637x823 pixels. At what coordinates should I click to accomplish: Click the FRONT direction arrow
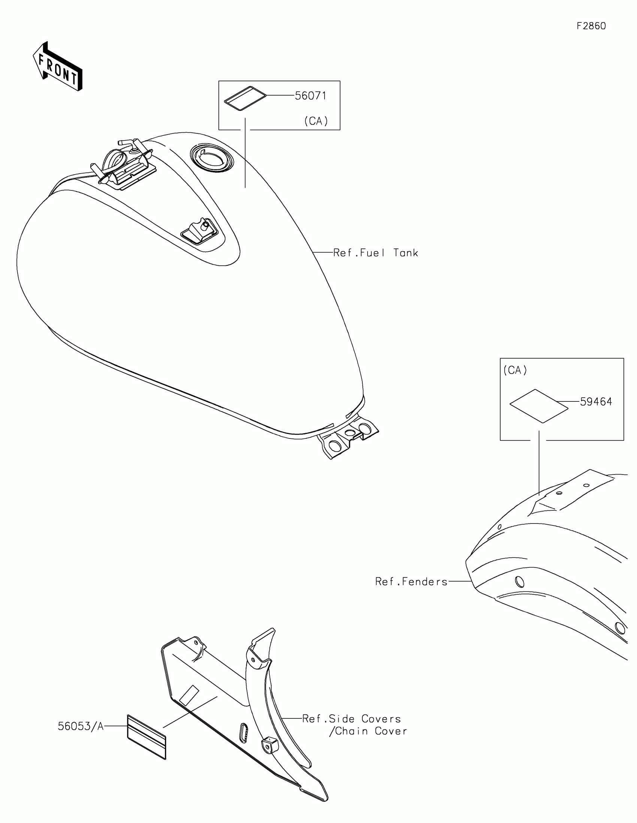(58, 67)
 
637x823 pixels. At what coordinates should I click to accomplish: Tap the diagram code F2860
(591, 26)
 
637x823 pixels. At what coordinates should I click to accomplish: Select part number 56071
(310, 96)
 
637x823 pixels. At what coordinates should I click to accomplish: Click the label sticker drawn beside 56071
(245, 98)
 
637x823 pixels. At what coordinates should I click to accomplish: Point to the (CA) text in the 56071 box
(316, 121)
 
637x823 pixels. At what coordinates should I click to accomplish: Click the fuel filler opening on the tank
(211, 158)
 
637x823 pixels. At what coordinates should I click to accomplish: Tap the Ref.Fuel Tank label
(375, 253)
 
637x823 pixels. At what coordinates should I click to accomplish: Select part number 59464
(596, 402)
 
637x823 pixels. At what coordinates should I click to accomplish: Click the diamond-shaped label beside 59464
(539, 406)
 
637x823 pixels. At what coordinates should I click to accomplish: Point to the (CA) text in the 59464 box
(515, 370)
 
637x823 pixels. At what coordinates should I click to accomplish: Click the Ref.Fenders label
(411, 582)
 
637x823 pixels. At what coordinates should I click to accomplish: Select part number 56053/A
(81, 726)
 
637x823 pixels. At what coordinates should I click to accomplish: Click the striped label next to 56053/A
(147, 737)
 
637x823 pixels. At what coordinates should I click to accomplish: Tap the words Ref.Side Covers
(351, 719)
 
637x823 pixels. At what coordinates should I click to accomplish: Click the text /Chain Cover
(368, 732)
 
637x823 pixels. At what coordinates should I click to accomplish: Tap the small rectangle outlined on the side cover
(189, 696)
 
